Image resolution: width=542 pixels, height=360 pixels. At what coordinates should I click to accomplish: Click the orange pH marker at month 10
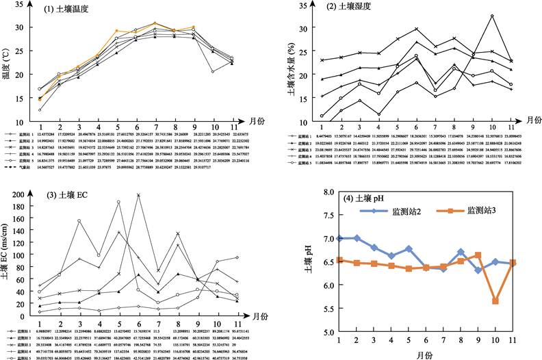(x=494, y=301)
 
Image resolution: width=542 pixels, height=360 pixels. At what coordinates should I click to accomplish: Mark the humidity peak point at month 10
(x=491, y=16)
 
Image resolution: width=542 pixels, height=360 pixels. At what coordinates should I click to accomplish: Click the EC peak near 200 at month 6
(x=140, y=194)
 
